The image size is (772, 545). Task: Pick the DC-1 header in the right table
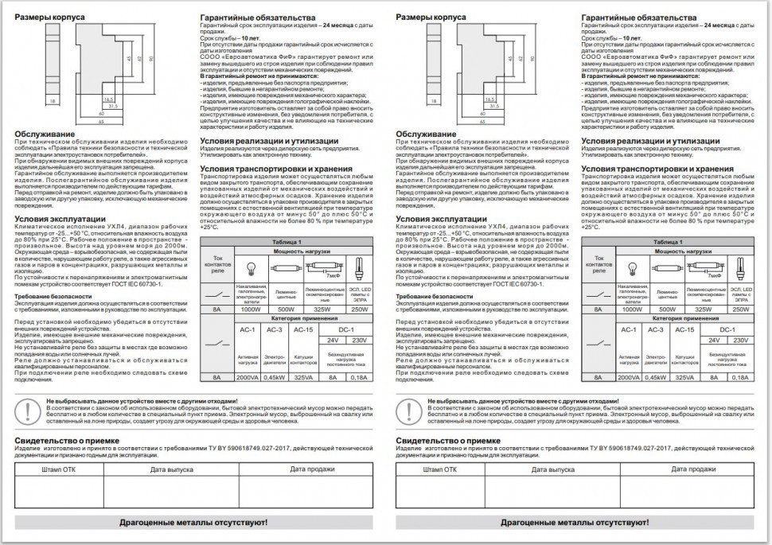click(726, 329)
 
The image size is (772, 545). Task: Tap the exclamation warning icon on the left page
click(27, 412)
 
